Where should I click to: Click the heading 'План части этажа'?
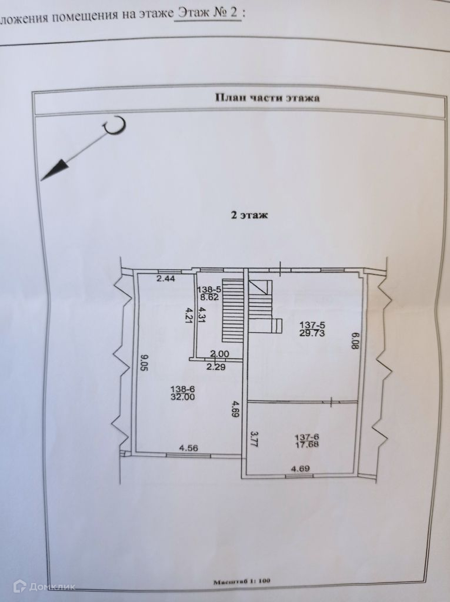pyautogui.click(x=267, y=99)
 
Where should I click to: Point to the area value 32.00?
pyautogui.click(x=184, y=397)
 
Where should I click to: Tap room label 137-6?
pyautogui.click(x=307, y=436)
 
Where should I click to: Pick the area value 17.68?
pyautogui.click(x=307, y=444)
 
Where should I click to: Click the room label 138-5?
pyautogui.click(x=209, y=289)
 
